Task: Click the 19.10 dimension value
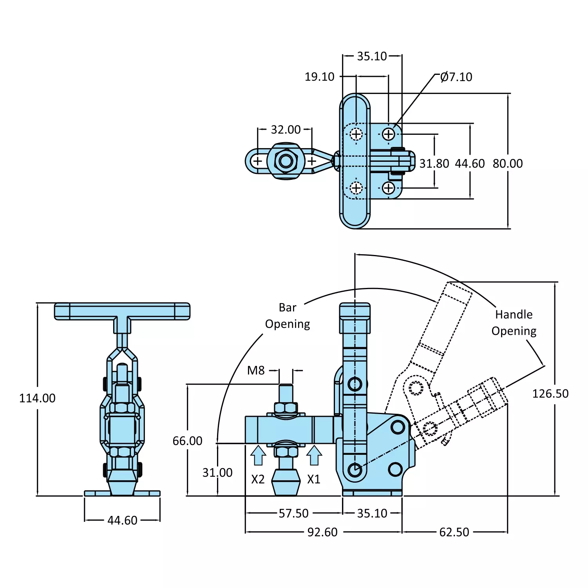pos(319,77)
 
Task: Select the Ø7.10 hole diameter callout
pos(456,77)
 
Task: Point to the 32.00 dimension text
pos(286,130)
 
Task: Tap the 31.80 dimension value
pos(434,163)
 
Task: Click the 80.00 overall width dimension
pos(508,163)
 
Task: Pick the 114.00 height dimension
pos(37,398)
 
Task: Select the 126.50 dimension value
pos(550,394)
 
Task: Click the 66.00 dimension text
pos(187,441)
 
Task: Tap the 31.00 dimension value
pos(217,472)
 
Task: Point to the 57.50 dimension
pos(293,513)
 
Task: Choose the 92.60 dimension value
pos(322,532)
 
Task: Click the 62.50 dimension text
pos(454,532)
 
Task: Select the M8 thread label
pos(256,370)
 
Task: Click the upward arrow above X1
pos(314,456)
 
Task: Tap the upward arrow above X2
pos(258,456)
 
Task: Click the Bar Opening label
pos(288,316)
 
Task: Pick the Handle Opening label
pos(514,323)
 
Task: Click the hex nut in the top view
pos(286,161)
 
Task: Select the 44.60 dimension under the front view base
pos(122,520)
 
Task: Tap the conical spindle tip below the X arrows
pos(286,482)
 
